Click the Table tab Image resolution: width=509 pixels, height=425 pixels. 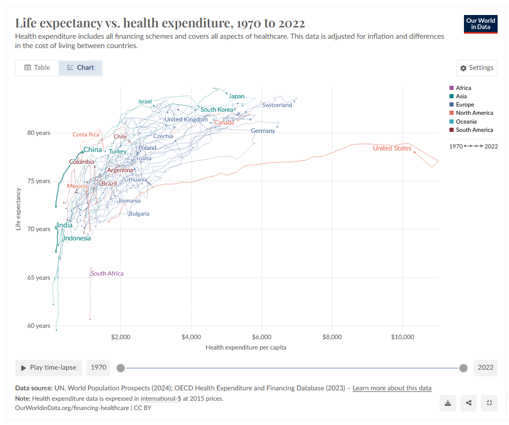pyautogui.click(x=37, y=68)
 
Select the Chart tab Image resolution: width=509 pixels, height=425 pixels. pyautogui.click(x=80, y=68)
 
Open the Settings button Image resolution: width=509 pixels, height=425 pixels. pyautogui.click(x=476, y=68)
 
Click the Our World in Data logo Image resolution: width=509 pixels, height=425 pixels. pyautogui.click(x=481, y=24)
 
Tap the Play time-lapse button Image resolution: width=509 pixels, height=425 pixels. pyautogui.click(x=49, y=368)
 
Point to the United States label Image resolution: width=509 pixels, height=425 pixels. pyautogui.click(x=392, y=148)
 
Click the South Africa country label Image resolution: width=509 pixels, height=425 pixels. pyautogui.click(x=107, y=274)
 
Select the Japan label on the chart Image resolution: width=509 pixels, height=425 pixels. pyautogui.click(x=236, y=96)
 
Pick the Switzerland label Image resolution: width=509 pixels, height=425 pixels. pyautogui.click(x=277, y=105)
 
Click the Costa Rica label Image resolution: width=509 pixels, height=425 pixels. pyautogui.click(x=86, y=134)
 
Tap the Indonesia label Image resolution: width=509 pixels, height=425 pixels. pyautogui.click(x=77, y=238)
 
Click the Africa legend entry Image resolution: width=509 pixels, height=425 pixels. pyautogui.click(x=463, y=88)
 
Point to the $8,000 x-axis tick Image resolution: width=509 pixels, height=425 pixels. pyautogui.click(x=332, y=337)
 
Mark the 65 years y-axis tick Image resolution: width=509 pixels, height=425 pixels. pyautogui.click(x=39, y=278)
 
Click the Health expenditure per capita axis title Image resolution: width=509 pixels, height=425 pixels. pyautogui.click(x=245, y=347)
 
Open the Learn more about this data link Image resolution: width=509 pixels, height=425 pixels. pyautogui.click(x=391, y=388)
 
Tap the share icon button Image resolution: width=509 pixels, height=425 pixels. pyautogui.click(x=469, y=403)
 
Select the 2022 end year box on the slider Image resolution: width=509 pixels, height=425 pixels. pyautogui.click(x=485, y=368)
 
